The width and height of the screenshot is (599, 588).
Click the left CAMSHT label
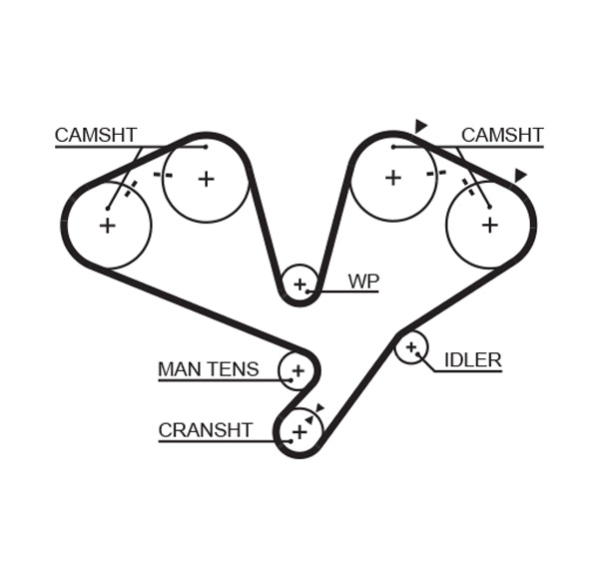pos(96,136)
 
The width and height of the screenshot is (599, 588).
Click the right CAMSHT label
pos(502,136)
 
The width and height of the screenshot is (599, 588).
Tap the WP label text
pos(363,282)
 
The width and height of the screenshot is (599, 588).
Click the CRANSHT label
pos(206,431)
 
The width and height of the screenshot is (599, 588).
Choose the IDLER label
pos(472,360)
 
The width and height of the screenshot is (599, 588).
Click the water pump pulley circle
pos(299,285)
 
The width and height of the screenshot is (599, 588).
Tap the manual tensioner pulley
pos(297,370)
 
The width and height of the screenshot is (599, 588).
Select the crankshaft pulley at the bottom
pos(299,431)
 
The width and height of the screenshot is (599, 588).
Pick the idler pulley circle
pos(410,347)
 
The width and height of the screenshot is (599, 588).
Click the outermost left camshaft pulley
pos(107,226)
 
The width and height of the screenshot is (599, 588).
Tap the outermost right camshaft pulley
pos(489,226)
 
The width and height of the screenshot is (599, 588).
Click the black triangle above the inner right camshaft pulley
pos(421,126)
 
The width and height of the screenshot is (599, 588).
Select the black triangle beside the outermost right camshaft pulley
pos(520,176)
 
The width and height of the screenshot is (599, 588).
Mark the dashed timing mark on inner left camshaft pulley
pos(163,175)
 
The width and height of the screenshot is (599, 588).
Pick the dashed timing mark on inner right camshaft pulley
pos(435,174)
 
